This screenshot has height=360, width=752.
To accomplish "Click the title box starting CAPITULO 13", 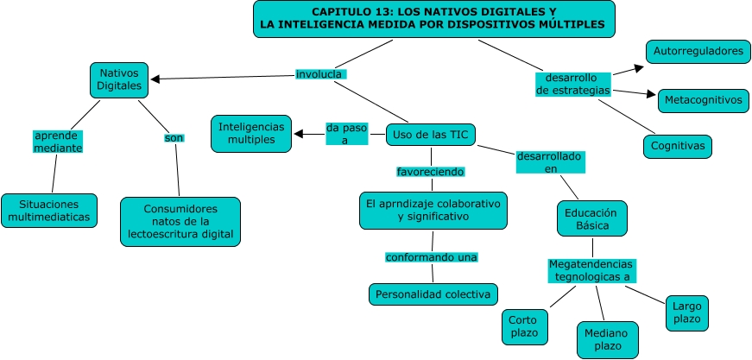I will tap(434, 19).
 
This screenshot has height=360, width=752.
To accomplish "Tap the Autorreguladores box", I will tap(698, 51).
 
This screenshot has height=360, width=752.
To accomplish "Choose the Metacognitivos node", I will tap(702, 100).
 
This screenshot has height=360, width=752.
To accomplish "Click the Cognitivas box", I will tap(678, 147).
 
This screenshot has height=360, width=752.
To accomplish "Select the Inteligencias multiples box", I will tap(251, 133).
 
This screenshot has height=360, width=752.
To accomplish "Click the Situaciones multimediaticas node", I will tap(49, 210).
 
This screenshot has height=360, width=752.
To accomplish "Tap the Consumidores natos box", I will tap(180, 221).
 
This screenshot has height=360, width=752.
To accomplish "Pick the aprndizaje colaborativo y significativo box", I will tap(433, 210).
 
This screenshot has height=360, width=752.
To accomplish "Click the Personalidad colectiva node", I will tap(433, 294).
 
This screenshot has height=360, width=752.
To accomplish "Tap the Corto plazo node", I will tap(524, 326).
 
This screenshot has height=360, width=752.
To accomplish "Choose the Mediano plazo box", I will tap(607, 340).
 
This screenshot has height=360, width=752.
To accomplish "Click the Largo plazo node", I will tap(687, 313).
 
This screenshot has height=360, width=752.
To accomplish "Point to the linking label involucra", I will tap(320, 74).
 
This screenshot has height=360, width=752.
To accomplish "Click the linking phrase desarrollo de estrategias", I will tap(572, 84).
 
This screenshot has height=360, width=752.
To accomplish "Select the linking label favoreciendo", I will tap(429, 171).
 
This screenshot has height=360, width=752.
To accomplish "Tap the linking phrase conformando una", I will tap(432, 256).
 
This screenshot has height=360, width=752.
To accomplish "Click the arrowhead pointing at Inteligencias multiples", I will tap(300, 134).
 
